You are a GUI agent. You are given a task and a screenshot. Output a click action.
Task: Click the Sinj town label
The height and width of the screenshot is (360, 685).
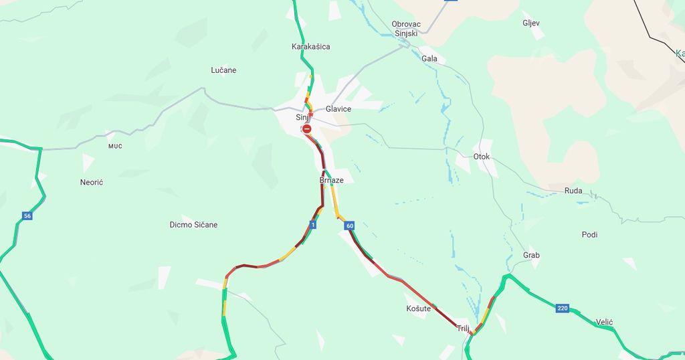(302, 118)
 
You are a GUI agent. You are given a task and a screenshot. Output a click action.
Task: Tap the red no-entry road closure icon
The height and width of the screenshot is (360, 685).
(306, 128)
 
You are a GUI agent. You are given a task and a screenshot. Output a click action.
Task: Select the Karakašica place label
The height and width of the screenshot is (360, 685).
(310, 47)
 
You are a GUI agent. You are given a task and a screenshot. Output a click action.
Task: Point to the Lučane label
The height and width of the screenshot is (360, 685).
(223, 70)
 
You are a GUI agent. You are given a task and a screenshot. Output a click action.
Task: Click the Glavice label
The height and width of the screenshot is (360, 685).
(338, 109)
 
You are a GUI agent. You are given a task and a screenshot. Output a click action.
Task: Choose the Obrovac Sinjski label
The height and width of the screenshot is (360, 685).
(405, 28)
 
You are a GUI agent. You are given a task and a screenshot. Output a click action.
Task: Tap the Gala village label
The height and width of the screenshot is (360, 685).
(429, 59)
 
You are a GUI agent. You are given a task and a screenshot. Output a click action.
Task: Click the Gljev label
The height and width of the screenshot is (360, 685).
(531, 23)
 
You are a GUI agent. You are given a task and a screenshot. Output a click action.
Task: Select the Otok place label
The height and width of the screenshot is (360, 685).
(482, 157)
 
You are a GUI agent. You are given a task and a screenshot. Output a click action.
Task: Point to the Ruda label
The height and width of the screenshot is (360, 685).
(573, 191)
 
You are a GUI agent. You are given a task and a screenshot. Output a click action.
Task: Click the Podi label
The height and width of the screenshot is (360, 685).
(589, 235)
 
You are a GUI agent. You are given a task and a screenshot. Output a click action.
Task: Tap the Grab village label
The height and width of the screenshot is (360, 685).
(531, 256)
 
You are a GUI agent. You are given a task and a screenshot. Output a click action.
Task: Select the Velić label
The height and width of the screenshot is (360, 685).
(604, 323)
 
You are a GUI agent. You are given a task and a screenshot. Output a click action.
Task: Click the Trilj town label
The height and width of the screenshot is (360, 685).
(463, 329)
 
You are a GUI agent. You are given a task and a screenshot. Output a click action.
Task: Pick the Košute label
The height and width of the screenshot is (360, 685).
(419, 308)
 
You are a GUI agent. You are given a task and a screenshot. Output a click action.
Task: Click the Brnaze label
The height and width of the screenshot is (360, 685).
(331, 181)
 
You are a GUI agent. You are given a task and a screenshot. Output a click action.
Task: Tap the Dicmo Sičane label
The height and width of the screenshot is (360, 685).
(193, 225)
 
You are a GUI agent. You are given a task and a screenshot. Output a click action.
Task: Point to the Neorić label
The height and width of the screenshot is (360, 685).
(92, 182)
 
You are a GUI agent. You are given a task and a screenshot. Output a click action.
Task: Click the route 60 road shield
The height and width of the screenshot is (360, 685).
(350, 226)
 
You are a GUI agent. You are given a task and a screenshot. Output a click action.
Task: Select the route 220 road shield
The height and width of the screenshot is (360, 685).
(562, 308)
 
